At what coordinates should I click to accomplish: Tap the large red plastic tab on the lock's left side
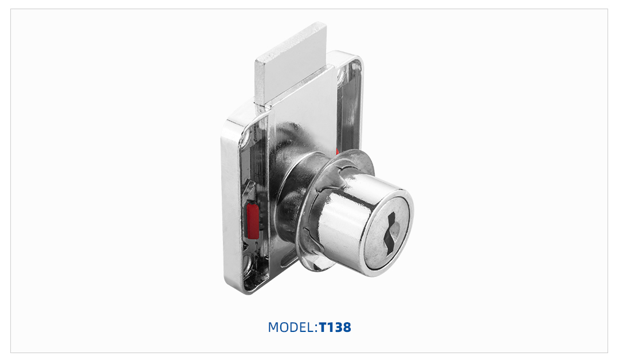pyautogui.click(x=252, y=221)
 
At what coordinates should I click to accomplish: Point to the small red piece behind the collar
pyautogui.click(x=338, y=152)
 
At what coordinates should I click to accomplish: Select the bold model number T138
pyautogui.click(x=335, y=328)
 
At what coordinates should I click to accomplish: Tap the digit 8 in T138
pyautogui.click(x=346, y=328)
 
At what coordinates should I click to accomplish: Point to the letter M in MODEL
pyautogui.click(x=273, y=328)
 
